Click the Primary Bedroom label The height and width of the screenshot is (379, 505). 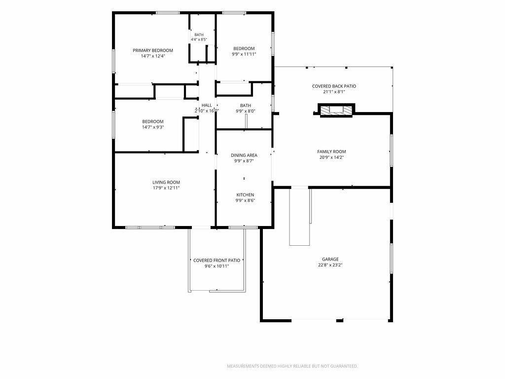(153, 50)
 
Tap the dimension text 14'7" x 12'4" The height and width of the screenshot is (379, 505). (153, 56)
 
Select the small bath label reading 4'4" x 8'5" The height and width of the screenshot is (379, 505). (199, 39)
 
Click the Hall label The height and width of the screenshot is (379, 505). (207, 105)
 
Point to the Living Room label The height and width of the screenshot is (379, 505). (166, 182)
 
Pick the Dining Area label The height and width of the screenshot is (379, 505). (244, 155)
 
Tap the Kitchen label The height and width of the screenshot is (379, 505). (245, 194)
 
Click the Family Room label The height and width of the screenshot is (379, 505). (331, 152)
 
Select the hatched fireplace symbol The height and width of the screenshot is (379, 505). (336, 110)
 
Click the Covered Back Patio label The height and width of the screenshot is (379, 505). (334, 86)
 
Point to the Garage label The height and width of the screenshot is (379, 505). (330, 259)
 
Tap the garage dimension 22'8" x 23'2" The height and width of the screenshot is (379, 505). (330, 265)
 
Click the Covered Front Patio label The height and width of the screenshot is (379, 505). (216, 261)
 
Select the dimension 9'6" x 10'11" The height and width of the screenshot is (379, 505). (216, 266)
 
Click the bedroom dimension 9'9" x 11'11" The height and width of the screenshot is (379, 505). (244, 54)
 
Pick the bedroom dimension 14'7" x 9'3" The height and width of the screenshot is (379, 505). (153, 127)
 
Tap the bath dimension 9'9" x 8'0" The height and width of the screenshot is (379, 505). (246, 111)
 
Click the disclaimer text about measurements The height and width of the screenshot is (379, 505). (292, 366)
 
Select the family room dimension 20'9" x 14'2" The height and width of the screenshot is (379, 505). (331, 157)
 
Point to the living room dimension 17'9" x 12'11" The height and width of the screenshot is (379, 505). (166, 188)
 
